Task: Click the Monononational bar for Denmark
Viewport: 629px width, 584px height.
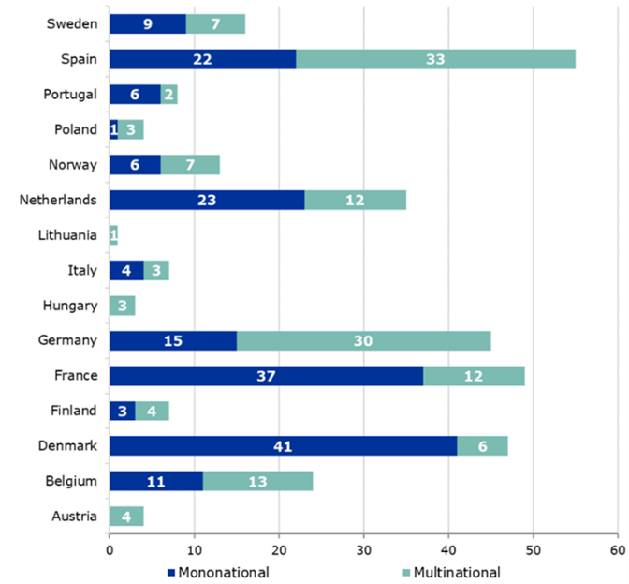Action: click(x=283, y=447)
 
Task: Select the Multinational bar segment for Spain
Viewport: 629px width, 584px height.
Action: click(x=435, y=58)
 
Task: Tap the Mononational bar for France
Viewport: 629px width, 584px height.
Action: click(x=266, y=376)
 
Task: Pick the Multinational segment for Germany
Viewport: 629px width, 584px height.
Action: click(x=363, y=340)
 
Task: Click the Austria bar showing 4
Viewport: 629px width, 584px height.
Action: click(x=126, y=517)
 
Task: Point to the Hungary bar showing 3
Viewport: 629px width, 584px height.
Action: click(x=122, y=306)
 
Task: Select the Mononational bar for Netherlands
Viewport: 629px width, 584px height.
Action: click(x=207, y=200)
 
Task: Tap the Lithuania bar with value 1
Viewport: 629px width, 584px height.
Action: click(x=113, y=235)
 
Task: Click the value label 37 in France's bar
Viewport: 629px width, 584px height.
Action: click(x=266, y=376)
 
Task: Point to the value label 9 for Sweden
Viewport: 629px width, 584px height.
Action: click(x=148, y=23)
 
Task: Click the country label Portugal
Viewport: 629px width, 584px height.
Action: click(x=70, y=94)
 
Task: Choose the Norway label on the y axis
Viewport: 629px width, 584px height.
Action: click(x=73, y=164)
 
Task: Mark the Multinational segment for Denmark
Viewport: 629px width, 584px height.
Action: click(x=482, y=447)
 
